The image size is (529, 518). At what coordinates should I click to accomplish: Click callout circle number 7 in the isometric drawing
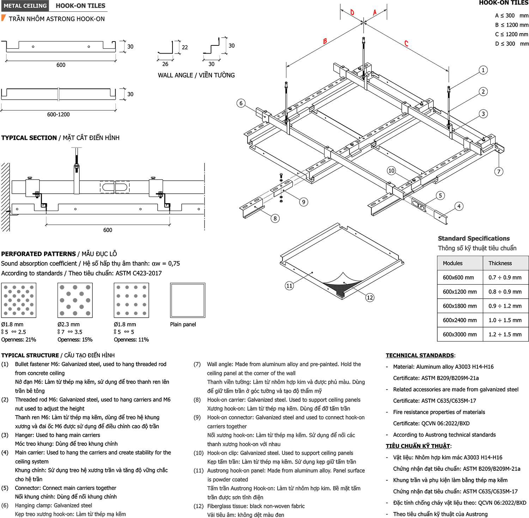pos(499,171)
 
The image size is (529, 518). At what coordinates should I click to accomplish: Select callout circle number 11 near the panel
pos(289,286)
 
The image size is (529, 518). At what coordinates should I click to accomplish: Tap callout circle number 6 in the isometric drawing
pos(241,103)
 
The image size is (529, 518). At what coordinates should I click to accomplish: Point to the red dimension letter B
pos(325,41)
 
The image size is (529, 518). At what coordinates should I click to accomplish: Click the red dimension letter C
pos(406,43)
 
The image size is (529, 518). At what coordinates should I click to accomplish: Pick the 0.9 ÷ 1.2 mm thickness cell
pos(505,306)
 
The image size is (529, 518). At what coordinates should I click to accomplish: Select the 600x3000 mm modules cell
pos(460,334)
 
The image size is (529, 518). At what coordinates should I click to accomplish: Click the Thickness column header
pos(500,263)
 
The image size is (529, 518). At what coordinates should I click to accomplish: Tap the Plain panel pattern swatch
pos(188,300)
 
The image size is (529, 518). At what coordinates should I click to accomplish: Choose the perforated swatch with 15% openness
pos(75,300)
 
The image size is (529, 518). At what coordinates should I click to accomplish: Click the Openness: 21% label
pos(19,340)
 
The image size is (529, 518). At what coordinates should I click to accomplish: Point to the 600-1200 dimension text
pos(59,114)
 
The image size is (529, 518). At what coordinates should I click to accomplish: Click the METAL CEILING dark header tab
pos(25,6)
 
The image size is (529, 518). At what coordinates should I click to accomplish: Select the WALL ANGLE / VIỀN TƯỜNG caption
pos(196,75)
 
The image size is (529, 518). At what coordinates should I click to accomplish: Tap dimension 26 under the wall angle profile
pos(165,64)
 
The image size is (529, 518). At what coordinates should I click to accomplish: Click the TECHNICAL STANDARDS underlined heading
pos(420,355)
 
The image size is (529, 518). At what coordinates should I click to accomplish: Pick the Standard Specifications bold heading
pos(474,238)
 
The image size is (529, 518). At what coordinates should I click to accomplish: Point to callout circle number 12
pos(370,298)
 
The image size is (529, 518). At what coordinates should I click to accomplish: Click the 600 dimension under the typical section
pos(108,230)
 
